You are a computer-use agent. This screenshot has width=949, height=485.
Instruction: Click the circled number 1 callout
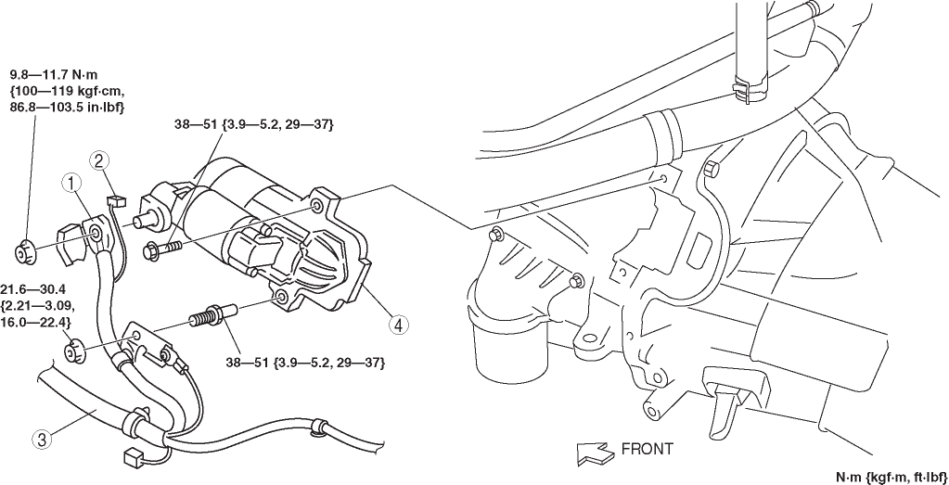71,183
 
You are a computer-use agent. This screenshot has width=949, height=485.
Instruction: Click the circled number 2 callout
100,161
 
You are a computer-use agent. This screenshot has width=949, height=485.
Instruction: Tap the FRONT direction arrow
594,452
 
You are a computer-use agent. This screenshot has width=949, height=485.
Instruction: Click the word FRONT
647,450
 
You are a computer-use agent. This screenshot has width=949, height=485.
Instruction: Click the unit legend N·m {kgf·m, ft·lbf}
891,478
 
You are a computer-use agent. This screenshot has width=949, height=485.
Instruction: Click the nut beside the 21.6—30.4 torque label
76,351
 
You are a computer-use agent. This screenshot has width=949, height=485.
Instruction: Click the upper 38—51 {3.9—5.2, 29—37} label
253,124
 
